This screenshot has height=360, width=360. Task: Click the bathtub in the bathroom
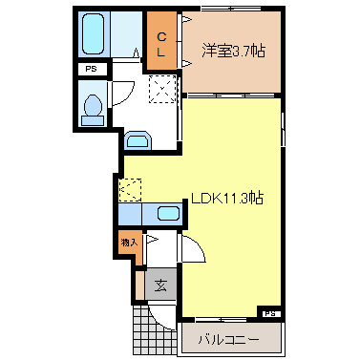coord(94,35)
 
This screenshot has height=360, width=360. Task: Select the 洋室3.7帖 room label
coord(231,51)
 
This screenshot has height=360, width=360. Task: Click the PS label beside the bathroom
coord(92,70)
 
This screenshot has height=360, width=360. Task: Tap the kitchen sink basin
coord(169,213)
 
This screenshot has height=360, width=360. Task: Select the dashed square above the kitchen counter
coord(129,189)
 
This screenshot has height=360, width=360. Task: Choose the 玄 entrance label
coord(160,284)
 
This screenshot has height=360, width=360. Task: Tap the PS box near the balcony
coord(270,312)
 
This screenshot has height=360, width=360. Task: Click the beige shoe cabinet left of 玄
coord(139,284)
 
